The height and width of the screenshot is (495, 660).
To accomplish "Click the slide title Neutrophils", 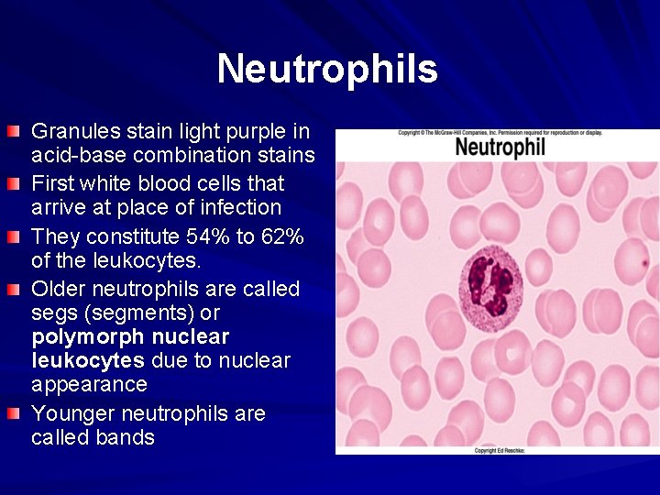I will coord(327,69).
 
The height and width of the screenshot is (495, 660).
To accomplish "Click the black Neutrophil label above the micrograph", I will coord(500,147).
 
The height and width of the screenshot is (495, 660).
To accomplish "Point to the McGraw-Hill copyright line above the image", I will coord(500,133).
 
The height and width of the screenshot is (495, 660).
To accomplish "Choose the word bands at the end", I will coord(125,437).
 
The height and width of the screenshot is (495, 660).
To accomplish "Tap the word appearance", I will coord(89,383).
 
